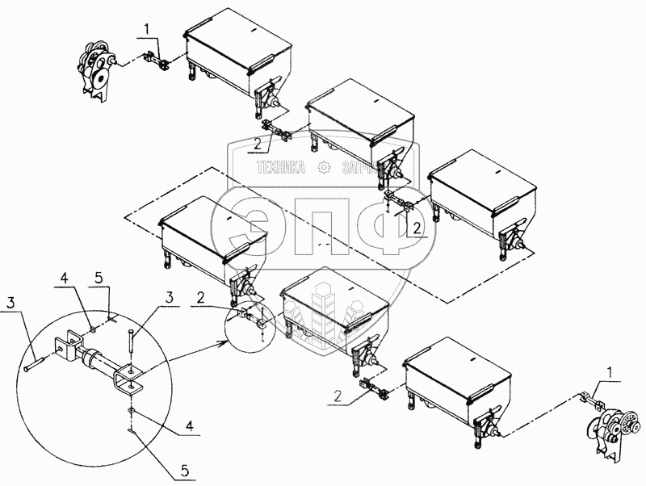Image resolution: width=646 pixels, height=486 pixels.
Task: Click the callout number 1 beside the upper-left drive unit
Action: pos(147,28)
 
